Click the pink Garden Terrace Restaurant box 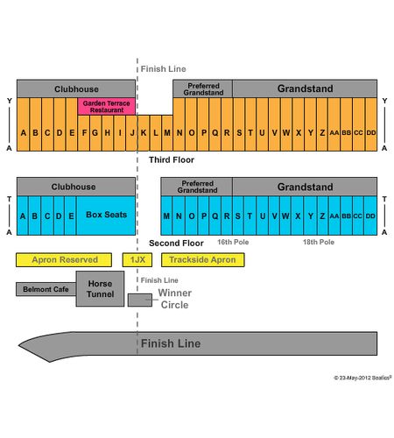(x=107, y=107)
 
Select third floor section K (x=144, y=133)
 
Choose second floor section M (x=166, y=215)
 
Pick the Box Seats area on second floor (x=106, y=215)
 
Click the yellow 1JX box (x=137, y=260)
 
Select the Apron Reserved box (x=64, y=260)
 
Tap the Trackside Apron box (x=203, y=260)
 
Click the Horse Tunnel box (x=100, y=289)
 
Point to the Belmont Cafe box (x=46, y=289)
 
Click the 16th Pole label (x=233, y=242)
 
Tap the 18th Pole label (x=319, y=242)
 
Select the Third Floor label (x=172, y=160)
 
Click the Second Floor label (x=176, y=244)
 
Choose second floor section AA (x=334, y=215)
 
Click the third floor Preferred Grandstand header (x=203, y=88)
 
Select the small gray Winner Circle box (x=140, y=300)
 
